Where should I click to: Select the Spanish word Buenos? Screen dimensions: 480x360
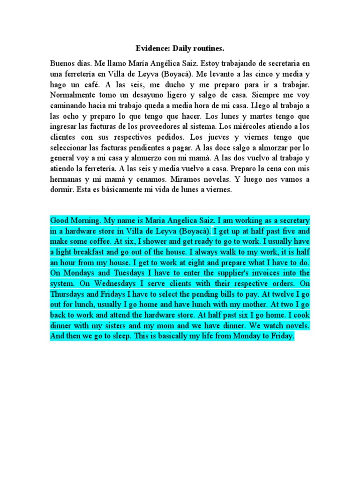pos(62,63)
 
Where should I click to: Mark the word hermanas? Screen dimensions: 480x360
pos(67,179)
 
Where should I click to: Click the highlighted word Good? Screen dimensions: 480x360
pos(60,220)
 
